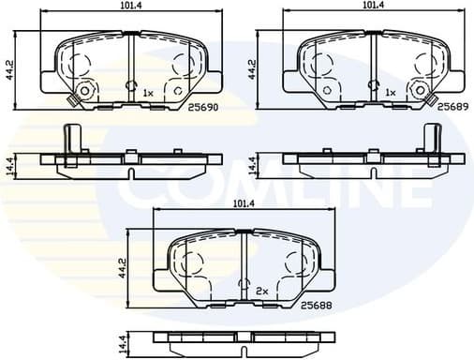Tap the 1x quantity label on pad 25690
pos(149,93)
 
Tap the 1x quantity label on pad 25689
pos(391,93)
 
